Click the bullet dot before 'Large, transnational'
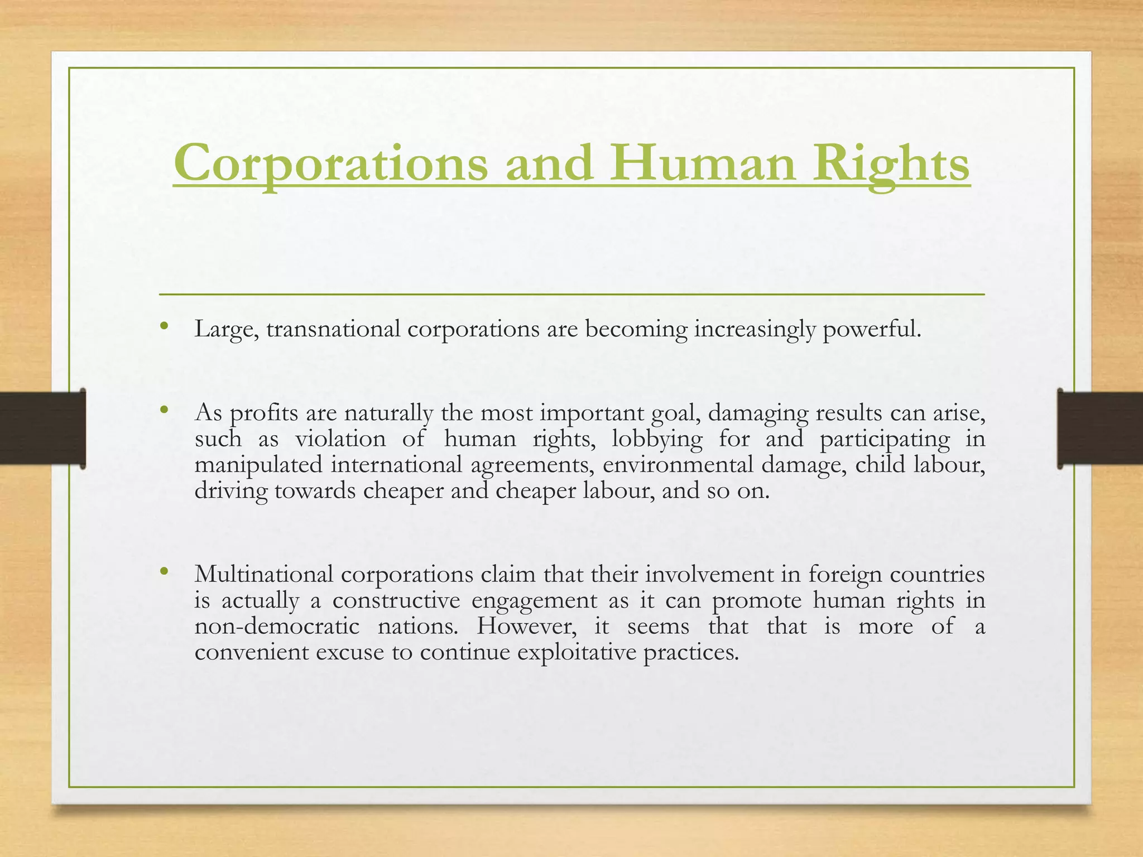click(163, 326)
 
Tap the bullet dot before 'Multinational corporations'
click(163, 571)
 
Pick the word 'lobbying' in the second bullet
click(657, 439)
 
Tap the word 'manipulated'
click(258, 465)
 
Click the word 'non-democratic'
click(277, 626)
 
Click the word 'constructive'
click(396, 600)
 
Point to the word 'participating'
click(884, 439)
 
